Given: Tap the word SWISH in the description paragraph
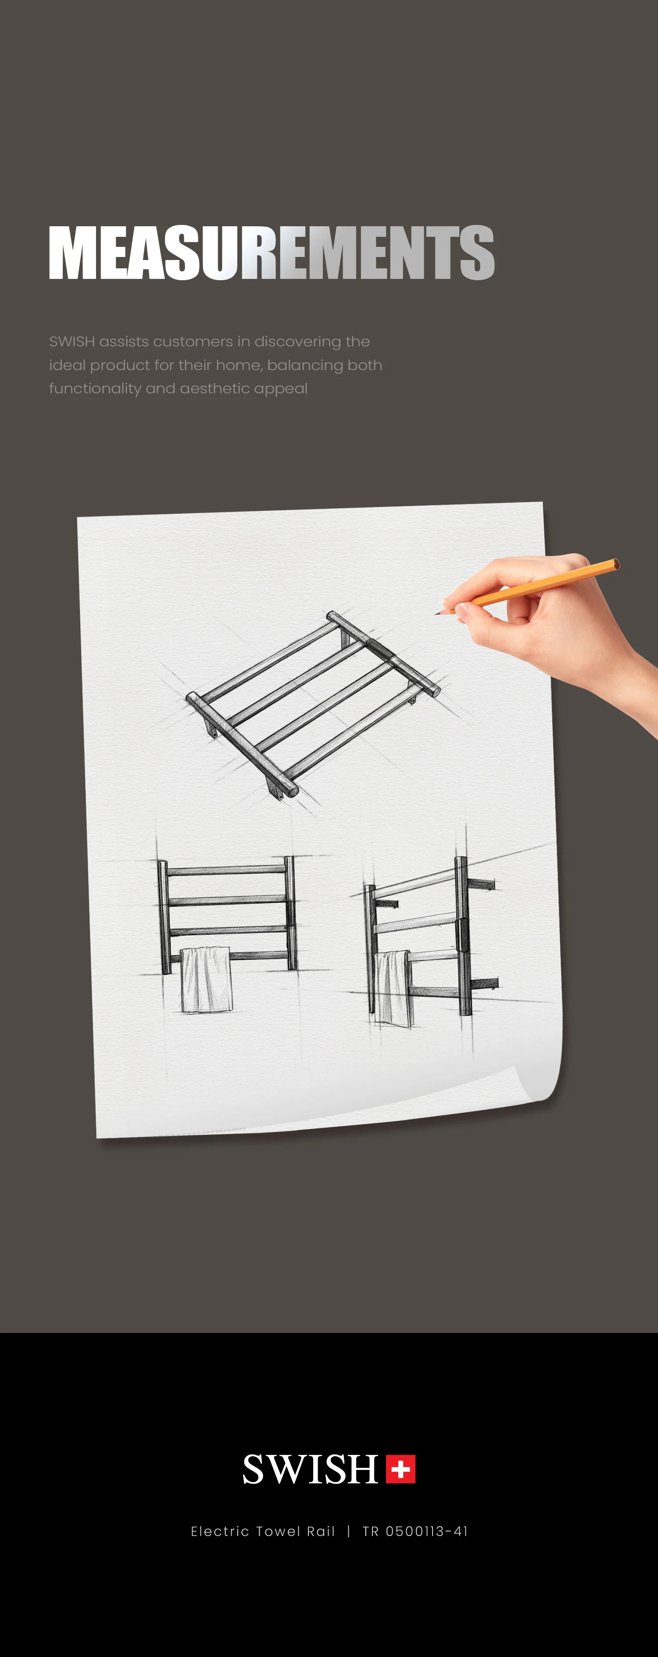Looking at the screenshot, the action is (x=72, y=342).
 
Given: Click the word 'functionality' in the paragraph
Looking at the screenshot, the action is (x=95, y=388).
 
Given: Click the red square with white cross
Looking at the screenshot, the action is (x=401, y=1468).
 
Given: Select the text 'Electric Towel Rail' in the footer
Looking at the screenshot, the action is (x=263, y=1531).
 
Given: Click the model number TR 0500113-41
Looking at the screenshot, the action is (x=415, y=1531).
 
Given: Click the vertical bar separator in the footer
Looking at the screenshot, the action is (x=348, y=1531).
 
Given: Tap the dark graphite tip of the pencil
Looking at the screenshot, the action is (x=438, y=613).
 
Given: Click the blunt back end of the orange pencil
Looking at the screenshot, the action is (x=616, y=564).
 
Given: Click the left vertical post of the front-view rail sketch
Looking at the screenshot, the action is (x=164, y=916).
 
